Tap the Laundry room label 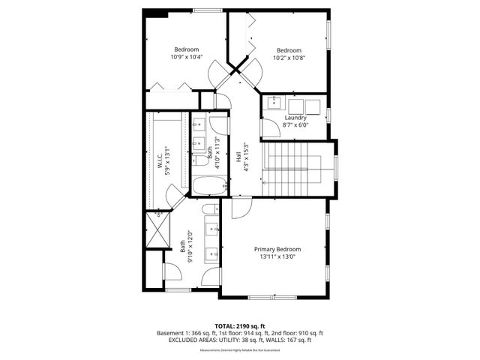(295, 118)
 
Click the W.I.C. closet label (160, 161)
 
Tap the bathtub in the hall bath (209, 186)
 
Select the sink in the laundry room (274, 104)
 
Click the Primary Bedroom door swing (241, 208)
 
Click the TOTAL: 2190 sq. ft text (240, 325)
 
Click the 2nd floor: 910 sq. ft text (298, 332)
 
